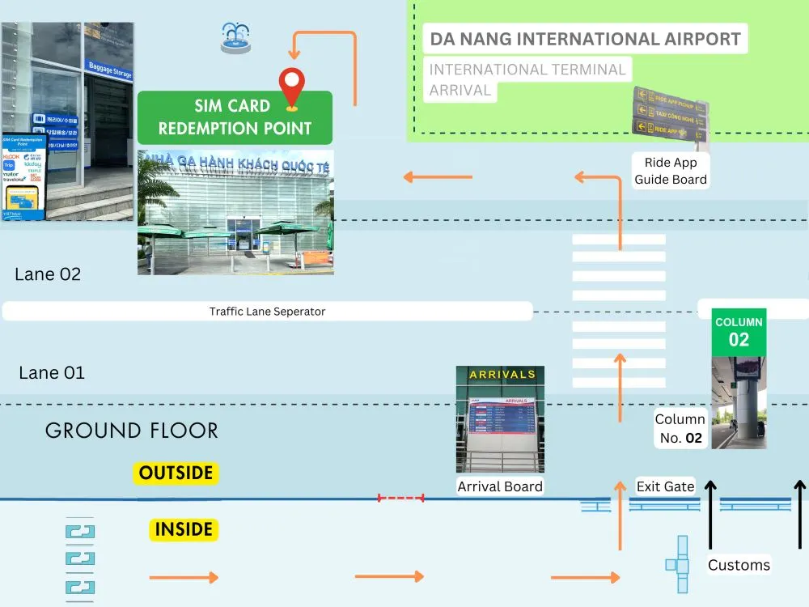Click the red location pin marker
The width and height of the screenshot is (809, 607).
click(x=291, y=87)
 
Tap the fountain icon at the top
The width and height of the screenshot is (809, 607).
click(x=235, y=38)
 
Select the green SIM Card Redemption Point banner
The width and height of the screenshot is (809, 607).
click(x=235, y=118)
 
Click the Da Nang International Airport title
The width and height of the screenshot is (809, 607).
click(x=585, y=39)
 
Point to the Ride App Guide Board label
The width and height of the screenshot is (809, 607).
click(x=671, y=172)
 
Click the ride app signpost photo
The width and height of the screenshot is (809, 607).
click(x=670, y=115)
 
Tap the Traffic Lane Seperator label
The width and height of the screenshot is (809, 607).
click(x=267, y=312)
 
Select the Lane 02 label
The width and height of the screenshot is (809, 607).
click(x=48, y=274)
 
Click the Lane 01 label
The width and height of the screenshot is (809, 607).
click(x=52, y=373)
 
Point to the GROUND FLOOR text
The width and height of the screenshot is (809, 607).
click(x=132, y=431)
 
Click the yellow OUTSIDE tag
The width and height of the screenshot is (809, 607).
click(x=176, y=473)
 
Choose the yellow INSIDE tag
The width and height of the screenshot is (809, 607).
click(x=184, y=530)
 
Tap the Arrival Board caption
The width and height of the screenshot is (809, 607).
click(x=500, y=486)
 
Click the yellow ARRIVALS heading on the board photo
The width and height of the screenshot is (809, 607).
click(x=502, y=375)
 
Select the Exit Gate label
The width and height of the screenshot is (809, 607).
click(x=665, y=486)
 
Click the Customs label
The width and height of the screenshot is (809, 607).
click(x=739, y=565)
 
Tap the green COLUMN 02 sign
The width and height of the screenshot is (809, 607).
click(x=739, y=333)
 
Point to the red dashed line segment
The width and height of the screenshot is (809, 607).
click(x=400, y=499)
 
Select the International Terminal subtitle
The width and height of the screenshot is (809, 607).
click(x=527, y=70)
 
